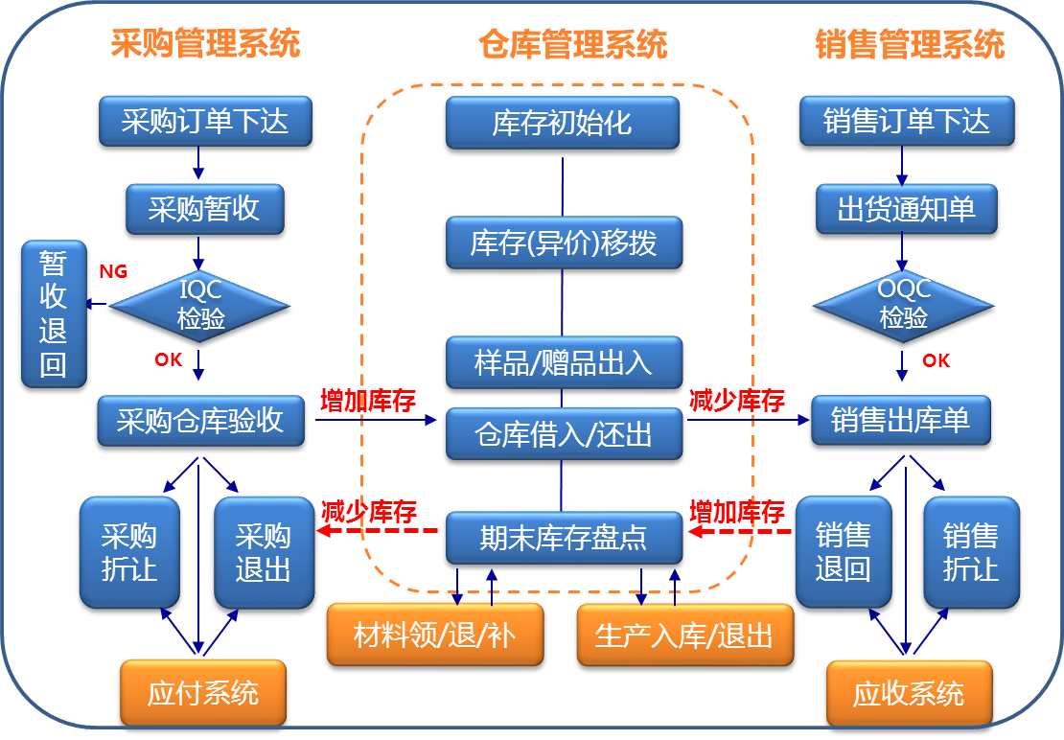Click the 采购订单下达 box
(x=204, y=122)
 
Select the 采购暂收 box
(x=204, y=209)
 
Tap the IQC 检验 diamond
(x=200, y=305)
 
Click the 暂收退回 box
(x=54, y=314)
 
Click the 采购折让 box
(x=129, y=553)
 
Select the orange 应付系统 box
(x=203, y=693)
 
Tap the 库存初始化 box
(x=563, y=124)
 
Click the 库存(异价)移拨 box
(x=563, y=243)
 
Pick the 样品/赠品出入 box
(x=563, y=362)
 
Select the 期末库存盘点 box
(x=563, y=539)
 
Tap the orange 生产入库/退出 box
(x=684, y=636)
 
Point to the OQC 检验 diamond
(x=904, y=305)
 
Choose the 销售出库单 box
(x=900, y=421)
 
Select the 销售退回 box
(x=843, y=553)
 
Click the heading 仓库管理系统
(x=572, y=44)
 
